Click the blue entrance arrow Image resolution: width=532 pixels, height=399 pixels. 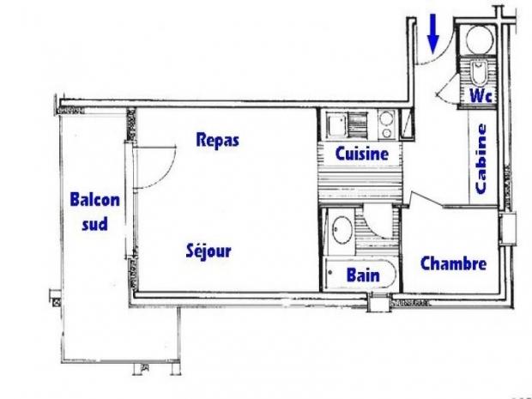point(433,33)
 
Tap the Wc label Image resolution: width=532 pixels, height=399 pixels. point(481,95)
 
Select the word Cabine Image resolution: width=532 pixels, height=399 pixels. point(481,159)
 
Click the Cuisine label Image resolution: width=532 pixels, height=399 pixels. point(362,154)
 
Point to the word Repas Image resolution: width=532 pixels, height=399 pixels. point(217,141)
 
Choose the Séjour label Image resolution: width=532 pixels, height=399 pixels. point(209,251)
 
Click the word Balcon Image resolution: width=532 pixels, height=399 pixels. point(95,199)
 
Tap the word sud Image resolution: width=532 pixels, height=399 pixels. point(95,224)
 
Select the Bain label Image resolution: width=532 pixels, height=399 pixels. point(363,275)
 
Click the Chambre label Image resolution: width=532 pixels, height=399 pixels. point(453,263)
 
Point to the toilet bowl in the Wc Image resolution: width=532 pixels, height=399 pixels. point(479,73)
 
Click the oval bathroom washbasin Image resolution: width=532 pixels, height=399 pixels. point(342,230)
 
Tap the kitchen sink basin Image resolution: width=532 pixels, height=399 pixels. point(336,124)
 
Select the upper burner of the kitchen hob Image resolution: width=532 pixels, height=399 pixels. point(386,118)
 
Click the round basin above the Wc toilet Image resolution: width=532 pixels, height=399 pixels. point(480,39)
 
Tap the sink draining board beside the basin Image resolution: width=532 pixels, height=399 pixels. point(358,124)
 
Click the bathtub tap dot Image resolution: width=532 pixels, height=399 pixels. point(330,272)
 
